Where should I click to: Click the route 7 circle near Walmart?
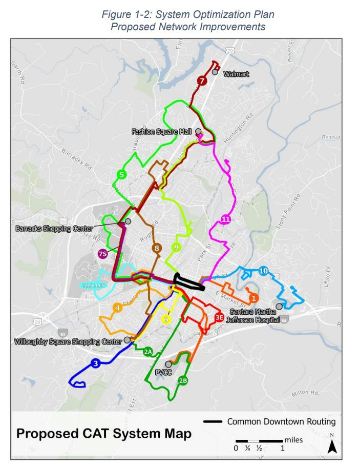point(202,81)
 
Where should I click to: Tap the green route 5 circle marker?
point(121,175)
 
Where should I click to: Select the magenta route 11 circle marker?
point(226,220)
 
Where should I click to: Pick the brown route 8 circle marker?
point(157,248)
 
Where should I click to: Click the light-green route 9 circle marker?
point(176,247)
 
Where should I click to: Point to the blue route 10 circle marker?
point(264,270)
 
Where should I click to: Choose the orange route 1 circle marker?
point(253,297)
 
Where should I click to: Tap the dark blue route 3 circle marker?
point(95,363)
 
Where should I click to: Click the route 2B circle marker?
point(183,380)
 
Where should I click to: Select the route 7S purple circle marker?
point(102,253)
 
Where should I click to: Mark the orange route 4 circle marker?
point(118,308)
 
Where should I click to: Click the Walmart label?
point(236,74)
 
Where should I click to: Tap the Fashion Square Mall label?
point(161,132)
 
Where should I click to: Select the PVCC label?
point(164,373)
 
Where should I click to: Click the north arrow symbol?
point(332,445)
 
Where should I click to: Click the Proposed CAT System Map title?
point(104,434)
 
